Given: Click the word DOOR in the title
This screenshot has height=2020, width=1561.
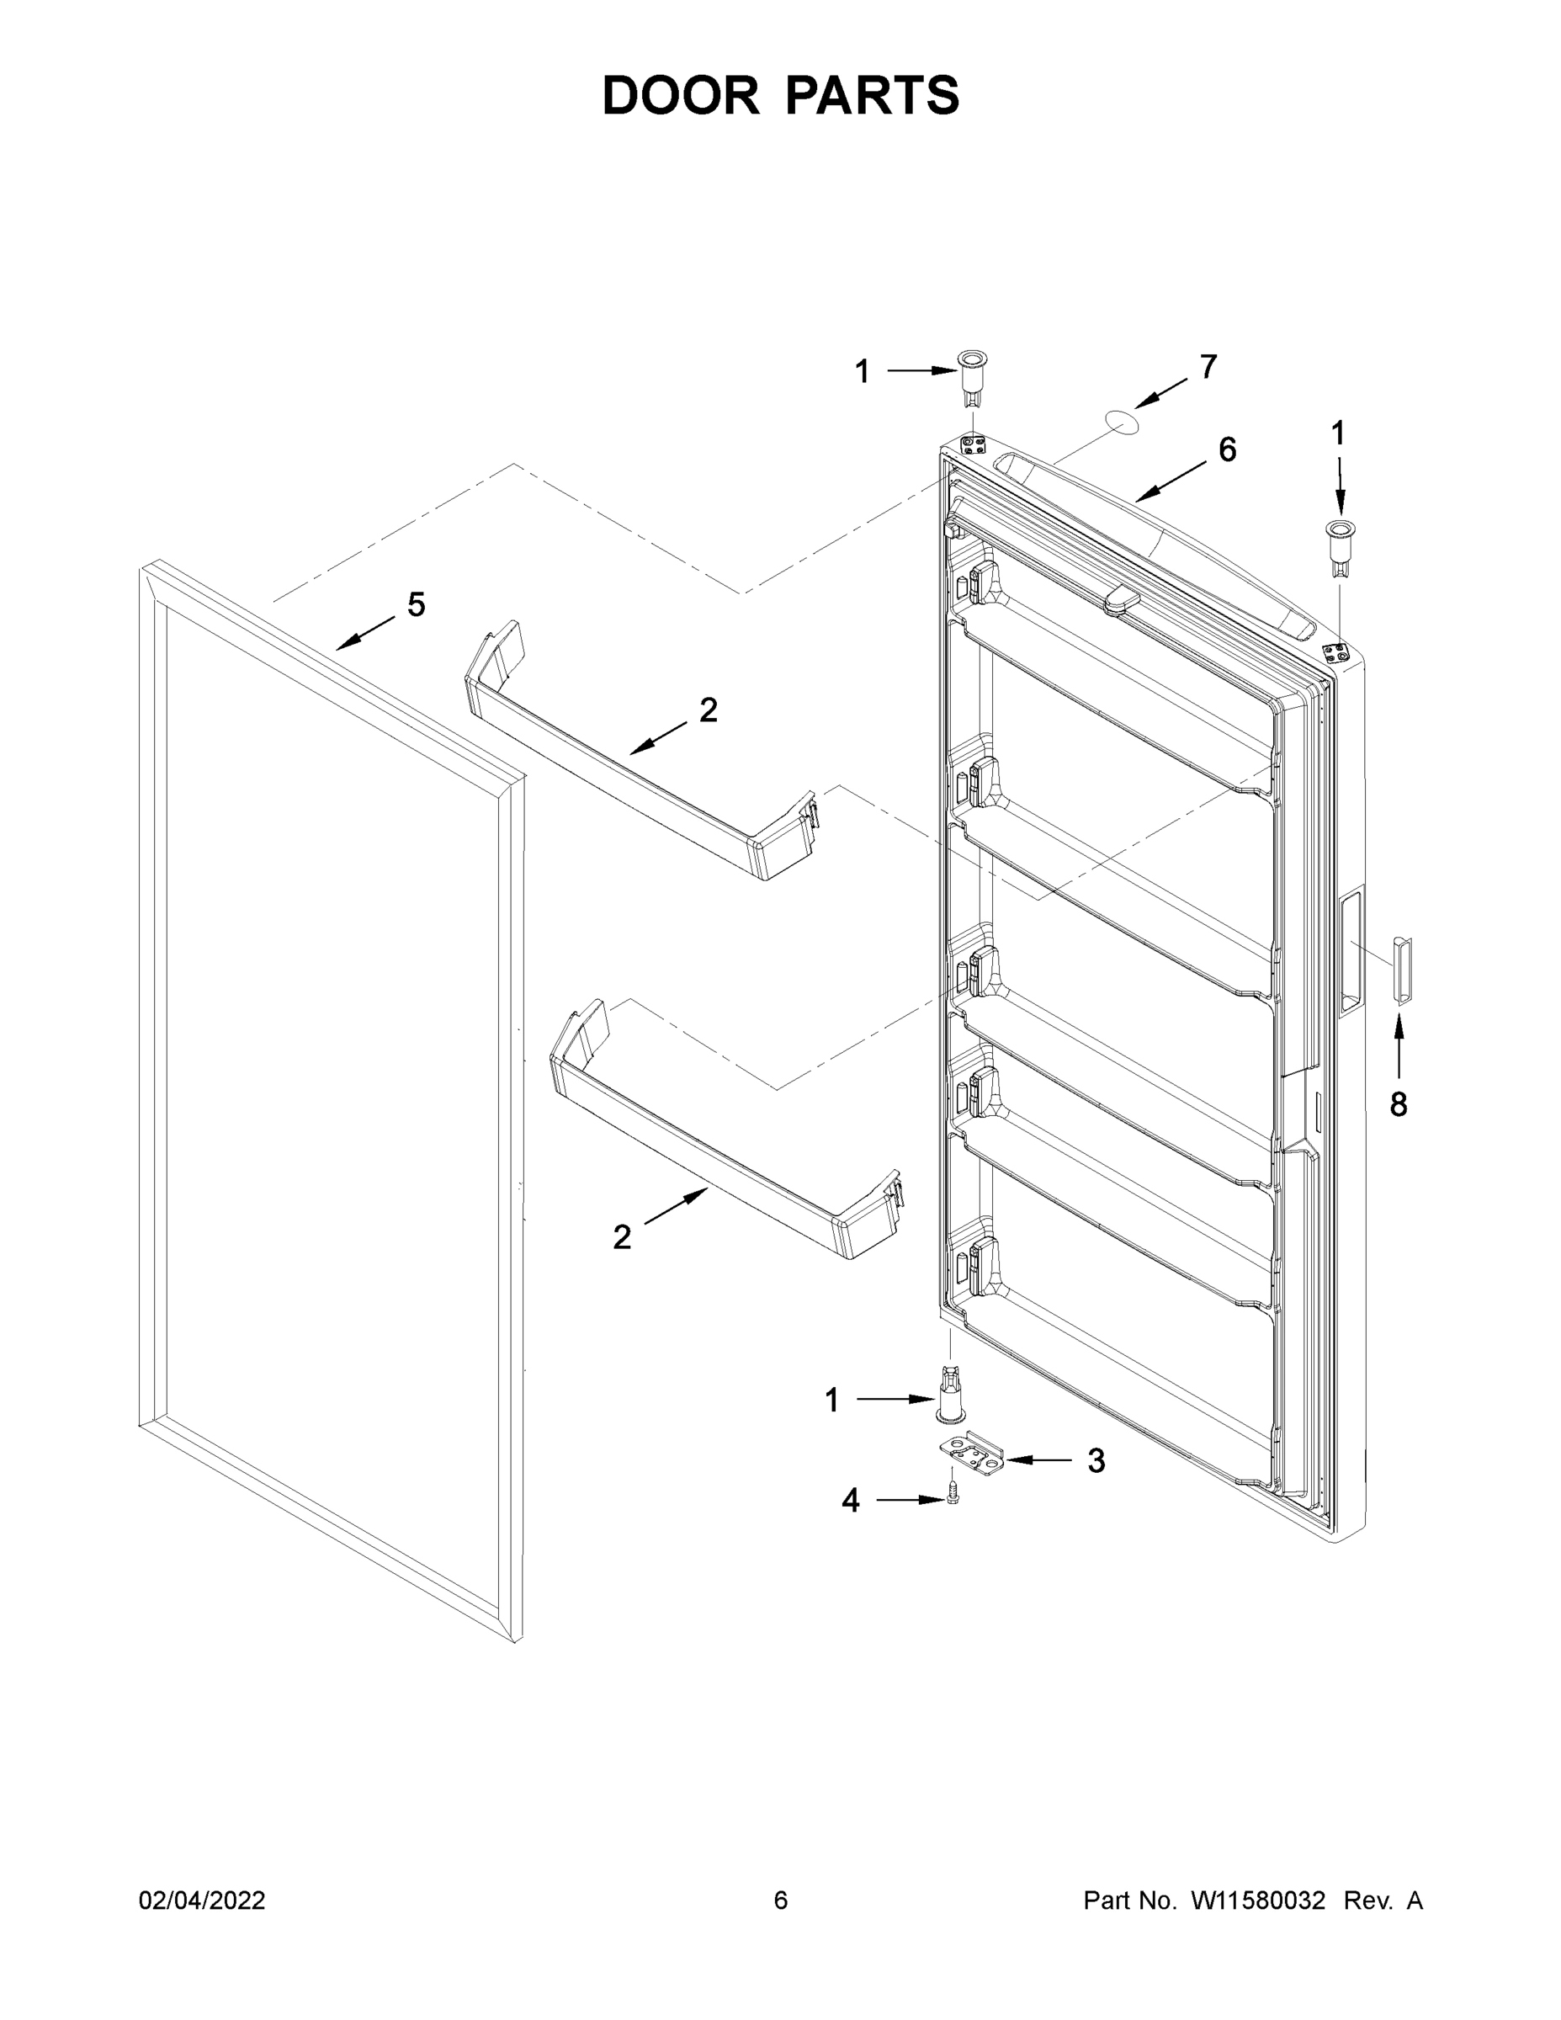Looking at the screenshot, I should pyautogui.click(x=680, y=96).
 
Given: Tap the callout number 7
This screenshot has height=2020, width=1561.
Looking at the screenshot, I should pyautogui.click(x=1208, y=367).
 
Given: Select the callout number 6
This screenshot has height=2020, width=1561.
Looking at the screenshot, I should pyautogui.click(x=1226, y=449).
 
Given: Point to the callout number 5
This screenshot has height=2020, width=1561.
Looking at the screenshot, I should pyautogui.click(x=417, y=605).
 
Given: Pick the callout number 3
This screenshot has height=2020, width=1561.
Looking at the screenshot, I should pyautogui.click(x=1096, y=1460).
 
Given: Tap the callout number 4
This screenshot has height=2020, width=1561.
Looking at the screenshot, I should pyautogui.click(x=850, y=1500).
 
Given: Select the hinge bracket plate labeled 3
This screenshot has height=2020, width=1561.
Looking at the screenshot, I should pyautogui.click(x=972, y=1459).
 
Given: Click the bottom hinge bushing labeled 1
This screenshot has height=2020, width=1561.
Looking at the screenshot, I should pyautogui.click(x=950, y=1401).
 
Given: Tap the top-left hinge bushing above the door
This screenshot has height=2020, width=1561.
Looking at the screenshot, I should pyautogui.click(x=971, y=375).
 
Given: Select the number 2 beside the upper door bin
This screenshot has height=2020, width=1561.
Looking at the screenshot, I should pyautogui.click(x=708, y=710).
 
